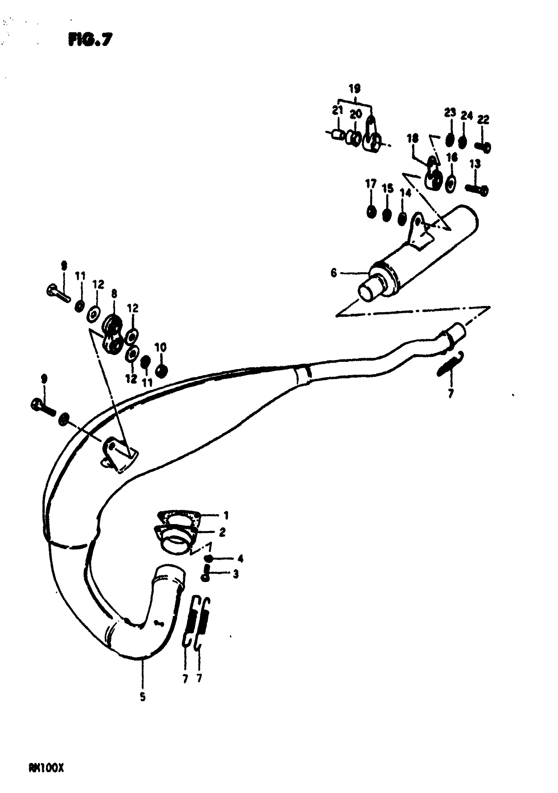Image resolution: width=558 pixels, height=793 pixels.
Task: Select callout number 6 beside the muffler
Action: coord(333,273)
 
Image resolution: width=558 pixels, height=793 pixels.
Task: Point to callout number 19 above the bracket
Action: coord(354,89)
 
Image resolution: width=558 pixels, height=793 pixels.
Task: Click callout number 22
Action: coord(483,120)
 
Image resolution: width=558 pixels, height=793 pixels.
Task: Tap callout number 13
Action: coord(475,164)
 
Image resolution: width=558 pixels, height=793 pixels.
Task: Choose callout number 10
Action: coord(160,347)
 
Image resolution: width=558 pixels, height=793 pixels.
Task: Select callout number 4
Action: coord(240,559)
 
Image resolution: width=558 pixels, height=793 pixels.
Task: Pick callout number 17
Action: coord(371,184)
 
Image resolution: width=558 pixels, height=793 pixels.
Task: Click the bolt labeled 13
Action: coord(477,189)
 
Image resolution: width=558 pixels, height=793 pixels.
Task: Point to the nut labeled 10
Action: coord(161,371)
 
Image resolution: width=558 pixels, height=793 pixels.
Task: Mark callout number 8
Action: coord(114,294)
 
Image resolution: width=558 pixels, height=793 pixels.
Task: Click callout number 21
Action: coord(337,111)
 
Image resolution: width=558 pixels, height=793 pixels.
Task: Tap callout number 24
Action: coord(466,116)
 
